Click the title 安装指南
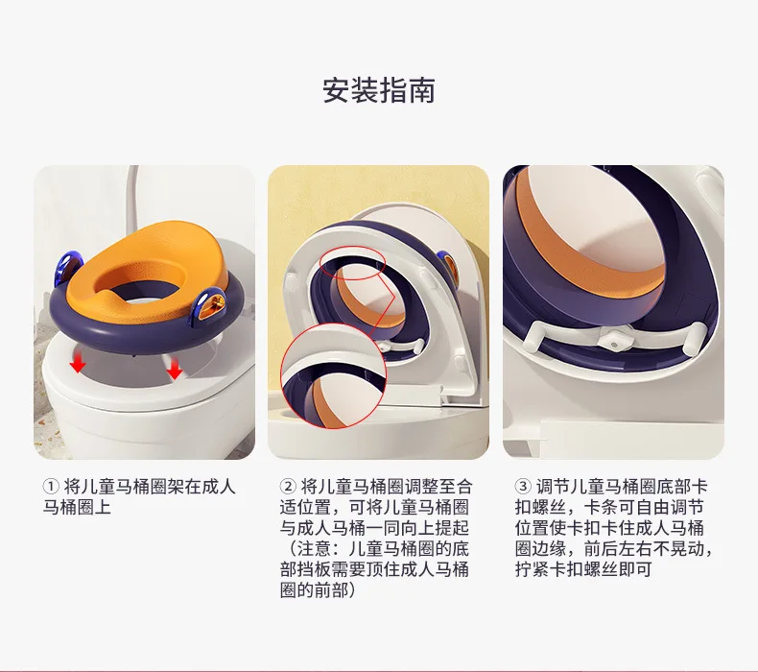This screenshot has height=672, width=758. (x=379, y=90)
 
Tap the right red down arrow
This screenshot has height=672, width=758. (x=174, y=369)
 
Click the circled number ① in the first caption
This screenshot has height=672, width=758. (x=50, y=486)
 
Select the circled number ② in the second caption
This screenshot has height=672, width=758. (x=288, y=486)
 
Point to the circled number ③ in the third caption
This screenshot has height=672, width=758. (x=523, y=486)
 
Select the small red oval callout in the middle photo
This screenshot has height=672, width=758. (x=352, y=260)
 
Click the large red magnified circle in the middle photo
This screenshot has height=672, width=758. (x=334, y=376)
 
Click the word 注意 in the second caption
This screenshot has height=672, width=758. (x=313, y=549)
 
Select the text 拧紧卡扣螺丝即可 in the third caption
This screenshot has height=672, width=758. (x=583, y=569)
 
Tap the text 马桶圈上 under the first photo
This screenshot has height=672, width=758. (x=77, y=508)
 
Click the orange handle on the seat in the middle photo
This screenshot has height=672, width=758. (x=449, y=264)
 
